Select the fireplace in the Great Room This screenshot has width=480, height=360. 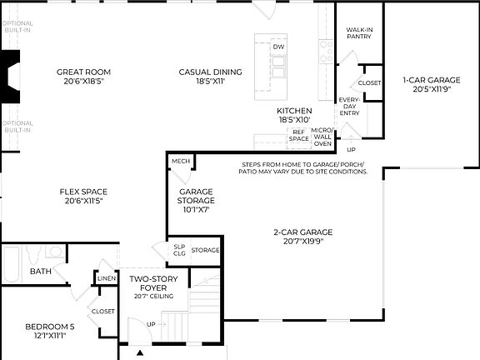[11, 77]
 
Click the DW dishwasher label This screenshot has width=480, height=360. [278, 47]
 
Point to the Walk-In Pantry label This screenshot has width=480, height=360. [358, 33]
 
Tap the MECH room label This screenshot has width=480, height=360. [179, 162]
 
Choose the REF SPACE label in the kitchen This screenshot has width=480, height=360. [298, 135]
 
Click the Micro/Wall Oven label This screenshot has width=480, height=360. [322, 137]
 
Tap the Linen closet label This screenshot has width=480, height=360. [106, 279]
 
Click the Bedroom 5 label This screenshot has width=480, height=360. [49, 330]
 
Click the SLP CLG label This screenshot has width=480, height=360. [178, 249]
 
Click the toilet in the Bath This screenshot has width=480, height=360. [55, 252]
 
